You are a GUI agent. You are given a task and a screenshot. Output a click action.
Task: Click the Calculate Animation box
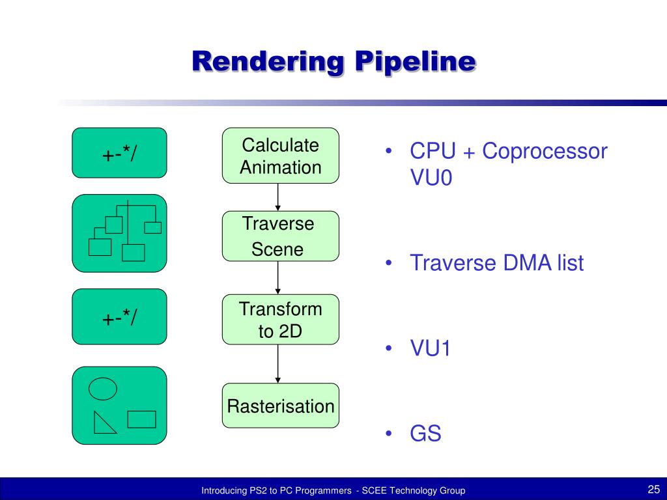tap(280, 156)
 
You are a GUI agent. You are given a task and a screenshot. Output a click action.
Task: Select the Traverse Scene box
tap(280, 236)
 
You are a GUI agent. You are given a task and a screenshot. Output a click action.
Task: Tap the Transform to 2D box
tap(280, 320)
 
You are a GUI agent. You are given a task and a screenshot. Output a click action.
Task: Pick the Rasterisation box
tap(280, 406)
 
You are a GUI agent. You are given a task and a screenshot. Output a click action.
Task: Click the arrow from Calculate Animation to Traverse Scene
tap(278, 197)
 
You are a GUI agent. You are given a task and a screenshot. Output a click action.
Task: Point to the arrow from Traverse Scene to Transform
tap(278, 278)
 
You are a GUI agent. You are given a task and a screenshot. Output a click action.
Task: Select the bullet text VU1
tap(430, 349)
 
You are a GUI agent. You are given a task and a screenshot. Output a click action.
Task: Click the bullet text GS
tap(425, 434)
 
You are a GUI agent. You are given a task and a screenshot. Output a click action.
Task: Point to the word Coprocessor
tap(545, 152)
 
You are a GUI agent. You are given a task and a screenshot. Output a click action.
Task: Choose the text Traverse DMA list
tap(496, 264)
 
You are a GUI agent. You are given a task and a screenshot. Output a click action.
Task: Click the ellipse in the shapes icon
tap(102, 389)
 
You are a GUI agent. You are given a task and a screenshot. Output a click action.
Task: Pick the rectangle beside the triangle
tap(141, 419)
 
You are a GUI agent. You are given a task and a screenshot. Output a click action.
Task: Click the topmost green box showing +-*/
tap(119, 153)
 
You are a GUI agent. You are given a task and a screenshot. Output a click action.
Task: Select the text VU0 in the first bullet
tap(431, 178)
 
